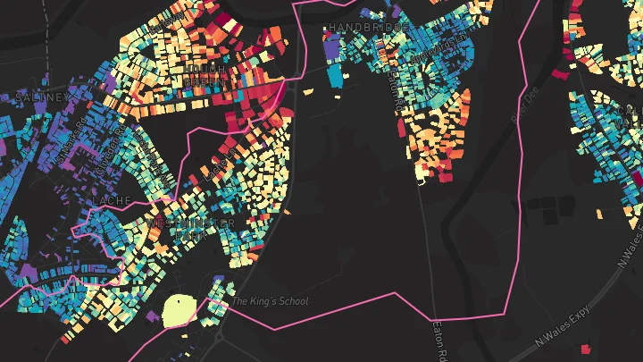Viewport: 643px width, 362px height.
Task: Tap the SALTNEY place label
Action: [x=41, y=97]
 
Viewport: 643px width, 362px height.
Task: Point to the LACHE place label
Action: [x=112, y=201]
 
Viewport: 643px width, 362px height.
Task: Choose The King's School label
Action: [x=270, y=301]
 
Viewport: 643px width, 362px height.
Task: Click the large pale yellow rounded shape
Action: [x=181, y=311]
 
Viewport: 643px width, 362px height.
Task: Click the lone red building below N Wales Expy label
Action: [x=586, y=349]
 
